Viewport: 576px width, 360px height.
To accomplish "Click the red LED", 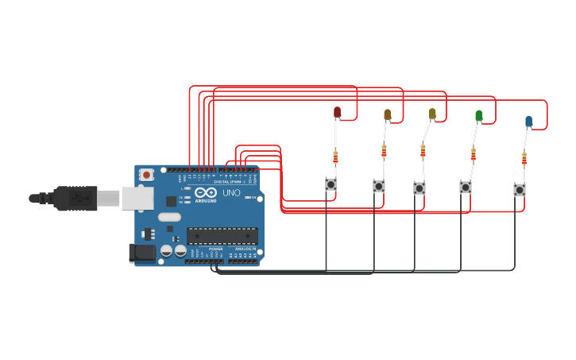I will [x=337, y=112].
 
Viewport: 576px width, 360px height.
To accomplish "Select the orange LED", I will [x=388, y=114].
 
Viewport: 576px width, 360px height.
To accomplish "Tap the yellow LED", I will [x=432, y=114].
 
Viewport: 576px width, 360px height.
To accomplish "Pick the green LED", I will [x=478, y=116].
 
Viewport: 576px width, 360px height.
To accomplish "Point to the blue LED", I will [x=528, y=121].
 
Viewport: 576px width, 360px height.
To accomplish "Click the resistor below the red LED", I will [x=335, y=157].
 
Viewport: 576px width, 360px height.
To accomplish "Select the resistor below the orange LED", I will [x=384, y=150].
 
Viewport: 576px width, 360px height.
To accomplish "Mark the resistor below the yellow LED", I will [x=423, y=150].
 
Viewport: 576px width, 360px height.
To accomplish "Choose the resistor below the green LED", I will [x=474, y=154].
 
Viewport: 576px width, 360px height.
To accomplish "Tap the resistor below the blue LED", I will [x=524, y=158].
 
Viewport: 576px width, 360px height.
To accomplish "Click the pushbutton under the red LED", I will [x=331, y=184].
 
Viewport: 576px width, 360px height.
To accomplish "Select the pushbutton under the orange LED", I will [x=379, y=186].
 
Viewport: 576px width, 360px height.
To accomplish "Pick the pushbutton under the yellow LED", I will [x=419, y=188].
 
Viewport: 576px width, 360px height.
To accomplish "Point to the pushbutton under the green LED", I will [x=466, y=188].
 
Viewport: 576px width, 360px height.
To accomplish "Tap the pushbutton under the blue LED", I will [x=519, y=190].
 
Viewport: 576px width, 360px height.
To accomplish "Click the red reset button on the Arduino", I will [x=146, y=175].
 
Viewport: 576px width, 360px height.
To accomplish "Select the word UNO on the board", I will [x=230, y=193].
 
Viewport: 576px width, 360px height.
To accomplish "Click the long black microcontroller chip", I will [x=222, y=236].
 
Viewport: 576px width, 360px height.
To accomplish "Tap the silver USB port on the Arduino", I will [x=137, y=198].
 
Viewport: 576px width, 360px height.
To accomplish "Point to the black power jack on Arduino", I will [x=142, y=253].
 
